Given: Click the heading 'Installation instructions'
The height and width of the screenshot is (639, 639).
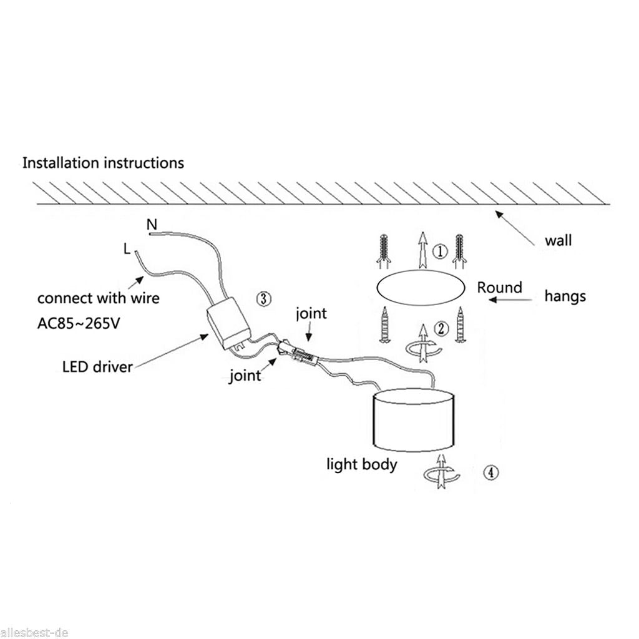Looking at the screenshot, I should [103, 163].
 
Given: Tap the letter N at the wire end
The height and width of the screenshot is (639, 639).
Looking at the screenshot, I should [151, 223].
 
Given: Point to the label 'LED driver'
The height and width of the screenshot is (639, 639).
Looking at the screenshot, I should [97, 366].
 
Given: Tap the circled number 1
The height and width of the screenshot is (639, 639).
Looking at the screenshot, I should [441, 251].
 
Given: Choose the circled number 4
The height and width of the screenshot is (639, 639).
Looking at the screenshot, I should [491, 472].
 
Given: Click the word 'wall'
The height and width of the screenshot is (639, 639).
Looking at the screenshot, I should [558, 240].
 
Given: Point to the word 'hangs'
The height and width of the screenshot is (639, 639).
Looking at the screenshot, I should [565, 296].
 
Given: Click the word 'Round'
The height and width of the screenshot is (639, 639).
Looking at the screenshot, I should [499, 288].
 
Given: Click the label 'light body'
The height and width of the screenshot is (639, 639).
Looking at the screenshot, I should [362, 464].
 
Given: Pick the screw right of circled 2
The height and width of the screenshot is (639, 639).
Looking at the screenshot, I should [461, 324].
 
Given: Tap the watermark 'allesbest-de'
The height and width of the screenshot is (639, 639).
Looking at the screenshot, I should [35, 633].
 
